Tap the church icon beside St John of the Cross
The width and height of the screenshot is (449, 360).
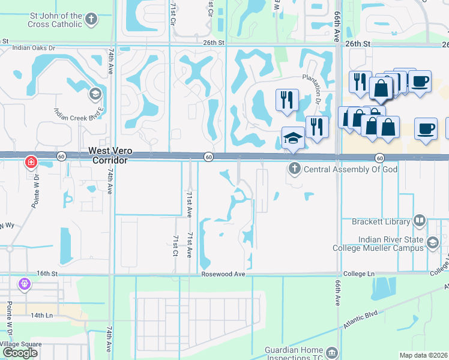point(91,20)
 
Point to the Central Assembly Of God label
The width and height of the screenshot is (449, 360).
point(351,169)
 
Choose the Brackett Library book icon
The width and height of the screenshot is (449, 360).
point(420,221)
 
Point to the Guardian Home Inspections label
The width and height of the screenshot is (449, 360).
point(294,350)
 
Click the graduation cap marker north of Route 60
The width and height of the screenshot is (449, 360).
point(293,137)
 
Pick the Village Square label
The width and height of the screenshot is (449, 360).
point(22,344)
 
